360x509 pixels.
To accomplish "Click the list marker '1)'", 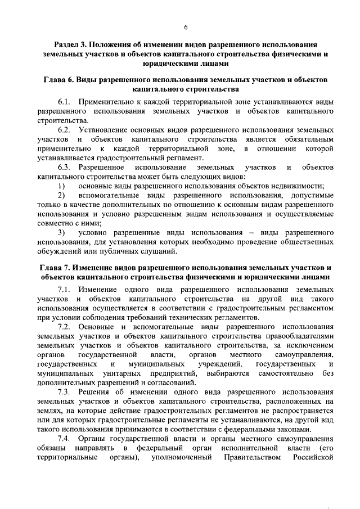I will pos(62,186).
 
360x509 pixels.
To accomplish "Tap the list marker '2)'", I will pos(62,195).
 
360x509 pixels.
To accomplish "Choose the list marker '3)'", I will pos(62,232).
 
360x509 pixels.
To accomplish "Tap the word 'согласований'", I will pos(166,382).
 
